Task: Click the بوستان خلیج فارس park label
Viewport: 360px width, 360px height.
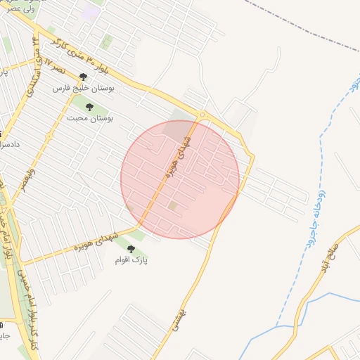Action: pyautogui.click(x=87, y=89)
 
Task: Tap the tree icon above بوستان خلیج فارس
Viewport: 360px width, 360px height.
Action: pyautogui.click(x=84, y=77)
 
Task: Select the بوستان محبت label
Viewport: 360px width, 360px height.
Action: pyautogui.click(x=90, y=118)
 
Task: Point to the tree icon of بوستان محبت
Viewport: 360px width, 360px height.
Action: pyautogui.click(x=89, y=106)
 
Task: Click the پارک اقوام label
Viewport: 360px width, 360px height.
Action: pyautogui.click(x=131, y=259)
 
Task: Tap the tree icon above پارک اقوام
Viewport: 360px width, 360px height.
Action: pyautogui.click(x=131, y=247)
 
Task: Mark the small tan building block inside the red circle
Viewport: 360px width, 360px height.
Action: pyautogui.click(x=172, y=205)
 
